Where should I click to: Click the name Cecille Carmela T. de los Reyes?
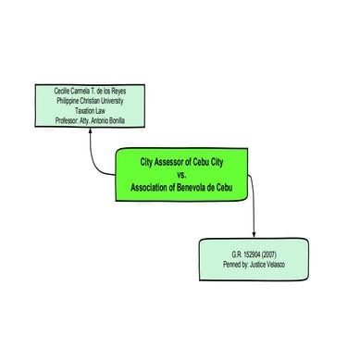(x=90, y=93)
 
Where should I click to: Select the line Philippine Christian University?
(x=90, y=102)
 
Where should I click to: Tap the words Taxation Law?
(x=90, y=111)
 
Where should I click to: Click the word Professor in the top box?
(x=57, y=119)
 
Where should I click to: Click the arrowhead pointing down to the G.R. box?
(x=254, y=235)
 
